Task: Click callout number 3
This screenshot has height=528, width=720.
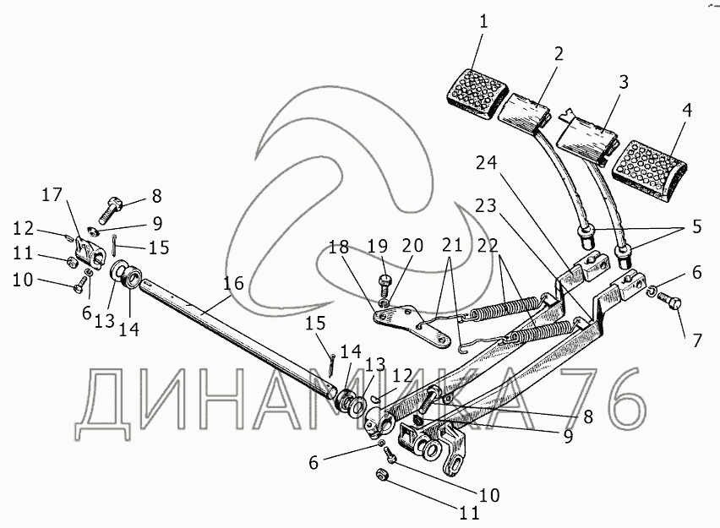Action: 623,83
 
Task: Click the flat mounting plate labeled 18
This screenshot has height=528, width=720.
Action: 410,324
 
